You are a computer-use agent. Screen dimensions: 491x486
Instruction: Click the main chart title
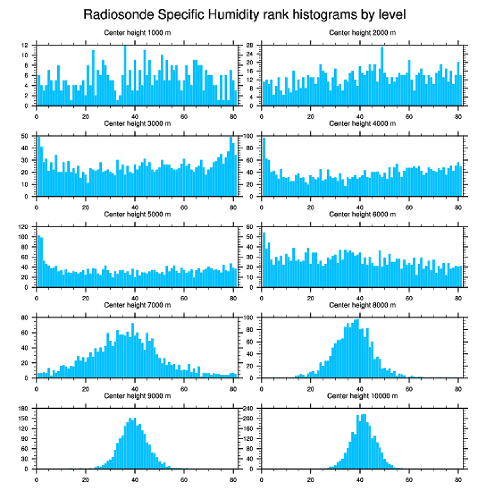248,14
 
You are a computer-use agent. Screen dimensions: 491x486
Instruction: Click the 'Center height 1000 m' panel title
137,33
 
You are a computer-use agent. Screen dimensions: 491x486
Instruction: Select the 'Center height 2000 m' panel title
362,33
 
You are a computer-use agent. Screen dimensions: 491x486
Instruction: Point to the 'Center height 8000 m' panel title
362,305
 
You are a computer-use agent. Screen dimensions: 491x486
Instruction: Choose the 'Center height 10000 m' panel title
362,396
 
